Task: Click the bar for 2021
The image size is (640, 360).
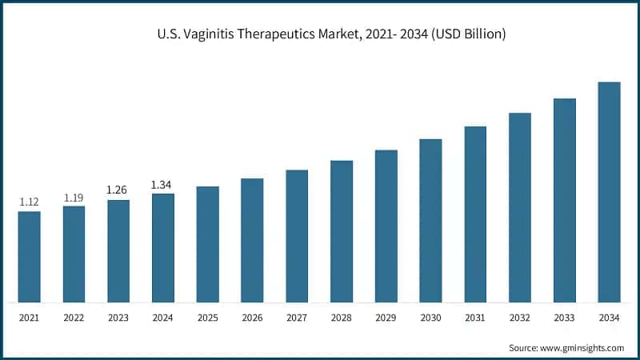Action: coord(30,257)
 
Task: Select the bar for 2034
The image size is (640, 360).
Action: coord(610,192)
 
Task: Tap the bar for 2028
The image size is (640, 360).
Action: coord(342,231)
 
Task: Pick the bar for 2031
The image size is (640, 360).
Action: coord(475,214)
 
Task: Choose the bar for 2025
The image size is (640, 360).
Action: coord(208,244)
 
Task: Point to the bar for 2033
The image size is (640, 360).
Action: coord(565,200)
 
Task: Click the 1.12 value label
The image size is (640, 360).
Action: coord(30,202)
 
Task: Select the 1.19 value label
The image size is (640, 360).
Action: coord(74,197)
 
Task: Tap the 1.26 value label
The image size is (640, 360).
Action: coord(118,190)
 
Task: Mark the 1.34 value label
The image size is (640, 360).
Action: coord(163,185)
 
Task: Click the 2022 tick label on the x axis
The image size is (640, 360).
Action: coord(74,318)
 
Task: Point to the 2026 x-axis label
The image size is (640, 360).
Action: coord(253,318)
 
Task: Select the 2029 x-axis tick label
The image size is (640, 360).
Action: coord(386,318)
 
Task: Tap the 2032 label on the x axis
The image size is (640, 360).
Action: coord(520,318)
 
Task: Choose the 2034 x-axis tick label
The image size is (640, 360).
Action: coord(610,318)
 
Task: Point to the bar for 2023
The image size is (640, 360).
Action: coord(118,251)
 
